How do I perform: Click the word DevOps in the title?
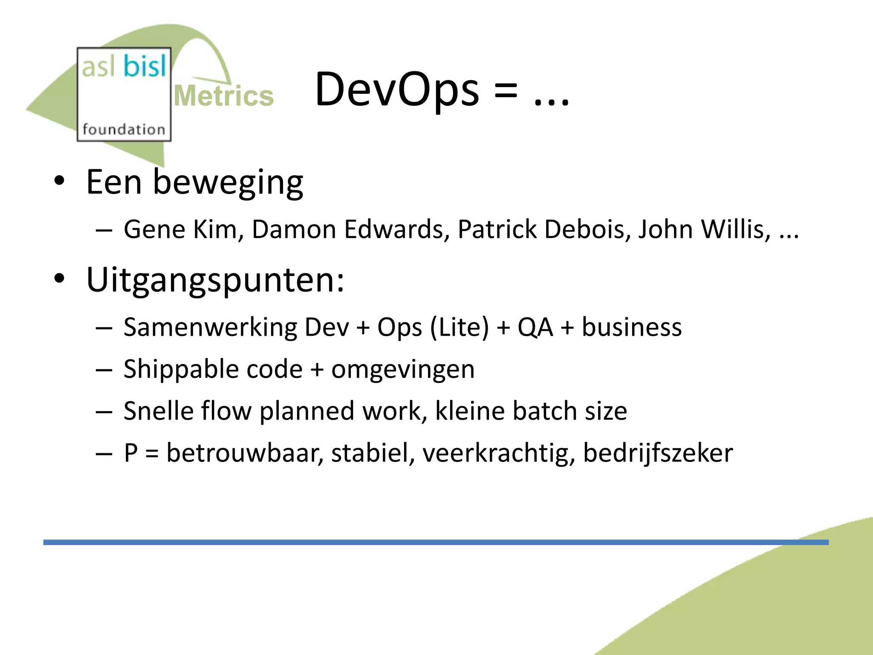(397, 90)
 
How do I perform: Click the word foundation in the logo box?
(124, 129)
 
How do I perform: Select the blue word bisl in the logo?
(145, 67)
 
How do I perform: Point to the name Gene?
(155, 229)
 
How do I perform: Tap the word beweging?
(228, 183)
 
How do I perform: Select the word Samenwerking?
(211, 327)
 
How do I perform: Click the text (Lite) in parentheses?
(459, 327)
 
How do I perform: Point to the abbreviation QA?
(535, 327)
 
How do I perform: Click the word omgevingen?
(403, 369)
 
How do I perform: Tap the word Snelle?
(158, 411)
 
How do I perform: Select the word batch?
(544, 411)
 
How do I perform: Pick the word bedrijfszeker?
(658, 453)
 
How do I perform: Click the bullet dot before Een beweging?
(59, 181)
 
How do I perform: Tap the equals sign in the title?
(506, 91)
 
